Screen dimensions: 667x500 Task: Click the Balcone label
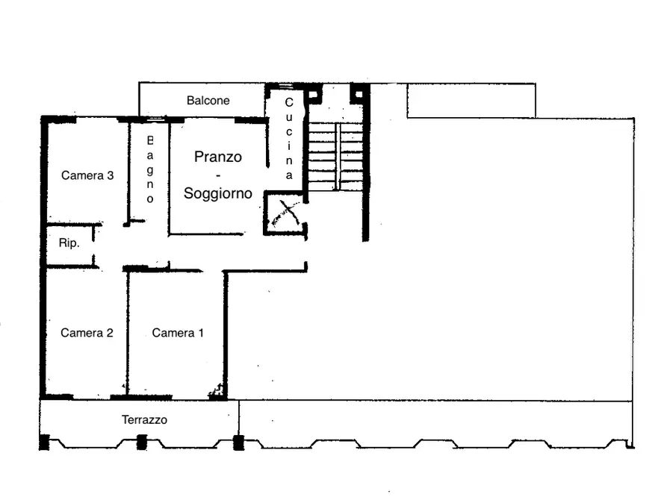tap(208, 100)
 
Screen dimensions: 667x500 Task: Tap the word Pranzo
tap(218, 157)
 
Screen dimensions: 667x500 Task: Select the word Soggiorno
tap(218, 193)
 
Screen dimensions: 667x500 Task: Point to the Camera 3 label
tap(87, 175)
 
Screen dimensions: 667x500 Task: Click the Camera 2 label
tap(87, 333)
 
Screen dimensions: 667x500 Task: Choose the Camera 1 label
tap(178, 333)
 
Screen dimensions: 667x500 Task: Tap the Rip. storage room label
tap(69, 243)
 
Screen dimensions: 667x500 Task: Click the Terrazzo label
tap(144, 419)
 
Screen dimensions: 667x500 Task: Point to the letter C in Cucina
tap(289, 102)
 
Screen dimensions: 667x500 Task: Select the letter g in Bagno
tap(149, 170)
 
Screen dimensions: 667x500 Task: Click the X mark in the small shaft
tap(286, 213)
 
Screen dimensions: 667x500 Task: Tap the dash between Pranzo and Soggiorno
tap(218, 175)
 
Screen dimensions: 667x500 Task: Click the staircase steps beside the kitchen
tap(336, 157)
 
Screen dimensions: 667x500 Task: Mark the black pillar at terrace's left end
tap(44, 443)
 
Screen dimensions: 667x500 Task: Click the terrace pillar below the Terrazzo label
tap(142, 442)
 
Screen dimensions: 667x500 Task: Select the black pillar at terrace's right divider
tap(238, 443)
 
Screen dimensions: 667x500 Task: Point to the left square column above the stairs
tap(314, 93)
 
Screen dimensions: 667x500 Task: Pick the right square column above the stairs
tap(358, 93)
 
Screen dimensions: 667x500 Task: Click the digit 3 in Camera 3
tap(111, 175)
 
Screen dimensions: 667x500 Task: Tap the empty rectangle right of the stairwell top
tap(471, 100)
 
